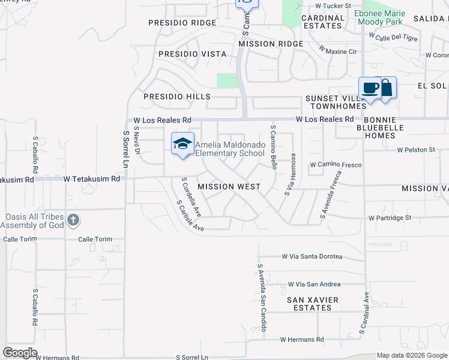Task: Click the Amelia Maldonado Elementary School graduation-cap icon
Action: pyautogui.click(x=182, y=143)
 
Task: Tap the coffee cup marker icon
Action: pyautogui.click(x=370, y=88)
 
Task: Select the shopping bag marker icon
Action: pyautogui.click(x=386, y=88)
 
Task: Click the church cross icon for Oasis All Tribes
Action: pyautogui.click(x=73, y=220)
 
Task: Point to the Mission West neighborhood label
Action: pyautogui.click(x=229, y=187)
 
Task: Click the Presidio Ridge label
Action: pyautogui.click(x=182, y=23)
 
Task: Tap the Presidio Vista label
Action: pyautogui.click(x=193, y=54)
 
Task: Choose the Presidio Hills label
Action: pyautogui.click(x=176, y=97)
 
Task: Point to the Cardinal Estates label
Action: pyautogui.click(x=322, y=22)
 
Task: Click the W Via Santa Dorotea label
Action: pyautogui.click(x=312, y=256)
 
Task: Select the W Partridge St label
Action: pyautogui.click(x=390, y=218)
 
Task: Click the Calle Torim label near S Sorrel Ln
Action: pyautogui.click(x=95, y=239)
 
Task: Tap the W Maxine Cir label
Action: pyautogui.click(x=337, y=52)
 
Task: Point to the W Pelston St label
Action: pyautogui.click(x=415, y=149)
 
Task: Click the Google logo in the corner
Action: pyautogui.click(x=20, y=353)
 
